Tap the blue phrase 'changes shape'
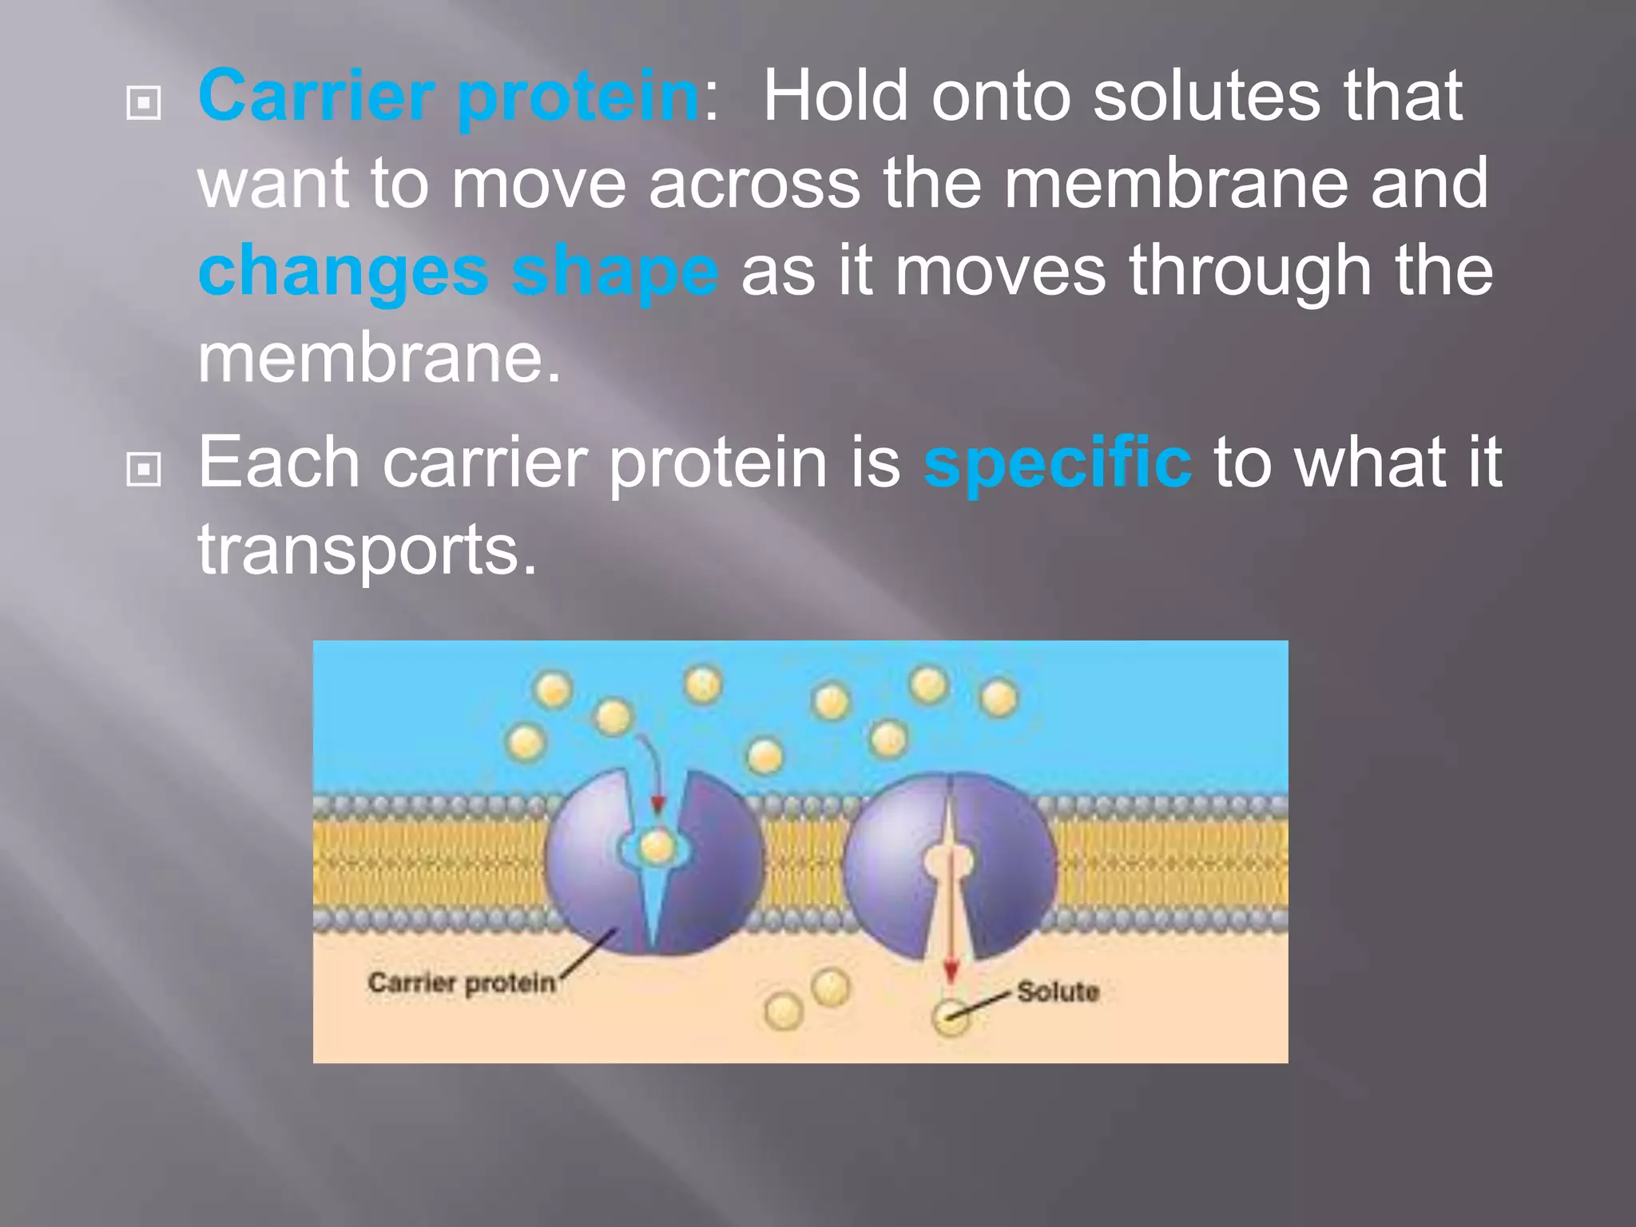click(458, 272)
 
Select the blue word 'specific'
click(1057, 463)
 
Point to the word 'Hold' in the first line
click(836, 96)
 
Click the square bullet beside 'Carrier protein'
click(144, 103)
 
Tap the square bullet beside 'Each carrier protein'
click(144, 470)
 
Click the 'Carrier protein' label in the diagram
click(461, 983)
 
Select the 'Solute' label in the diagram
click(1058, 992)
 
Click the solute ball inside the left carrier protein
click(657, 845)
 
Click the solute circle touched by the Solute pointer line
click(950, 1018)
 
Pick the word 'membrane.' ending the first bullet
click(379, 359)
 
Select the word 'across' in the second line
click(754, 184)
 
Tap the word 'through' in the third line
click(1250, 272)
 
